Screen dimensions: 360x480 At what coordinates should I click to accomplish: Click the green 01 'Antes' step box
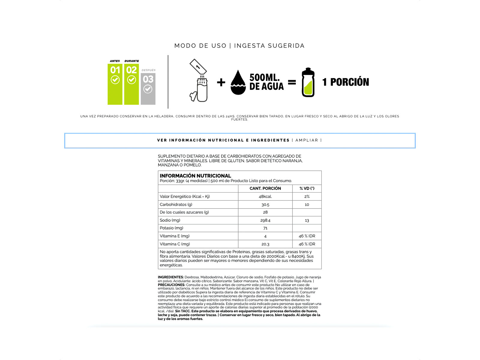point(115,84)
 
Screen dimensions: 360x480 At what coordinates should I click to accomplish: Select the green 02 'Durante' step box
point(131,84)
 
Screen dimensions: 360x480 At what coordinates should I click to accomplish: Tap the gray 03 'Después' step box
point(148,89)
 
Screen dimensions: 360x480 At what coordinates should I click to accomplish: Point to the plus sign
point(221,82)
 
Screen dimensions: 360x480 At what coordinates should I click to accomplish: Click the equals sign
point(292,82)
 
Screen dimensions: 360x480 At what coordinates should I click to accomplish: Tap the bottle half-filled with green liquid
point(308,82)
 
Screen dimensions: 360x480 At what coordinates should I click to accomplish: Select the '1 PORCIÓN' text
point(346,82)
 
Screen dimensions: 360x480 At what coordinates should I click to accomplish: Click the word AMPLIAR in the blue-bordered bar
point(307,140)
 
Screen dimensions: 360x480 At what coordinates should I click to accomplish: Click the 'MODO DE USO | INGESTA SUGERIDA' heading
point(239,46)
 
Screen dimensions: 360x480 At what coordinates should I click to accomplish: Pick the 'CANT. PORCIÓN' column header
point(265,188)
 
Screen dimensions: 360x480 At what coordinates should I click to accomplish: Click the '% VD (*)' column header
point(307,188)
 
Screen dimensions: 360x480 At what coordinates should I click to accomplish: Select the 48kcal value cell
point(265,196)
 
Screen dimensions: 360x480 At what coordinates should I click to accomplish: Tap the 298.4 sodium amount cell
point(265,220)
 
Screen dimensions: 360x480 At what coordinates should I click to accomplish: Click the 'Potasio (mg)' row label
point(171,228)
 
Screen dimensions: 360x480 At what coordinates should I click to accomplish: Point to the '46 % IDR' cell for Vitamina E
point(307,236)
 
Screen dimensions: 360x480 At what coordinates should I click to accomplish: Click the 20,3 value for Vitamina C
point(265,244)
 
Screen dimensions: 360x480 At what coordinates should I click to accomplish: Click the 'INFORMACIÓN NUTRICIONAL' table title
point(195,176)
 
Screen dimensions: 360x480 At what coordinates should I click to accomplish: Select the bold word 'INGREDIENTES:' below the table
point(171,277)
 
